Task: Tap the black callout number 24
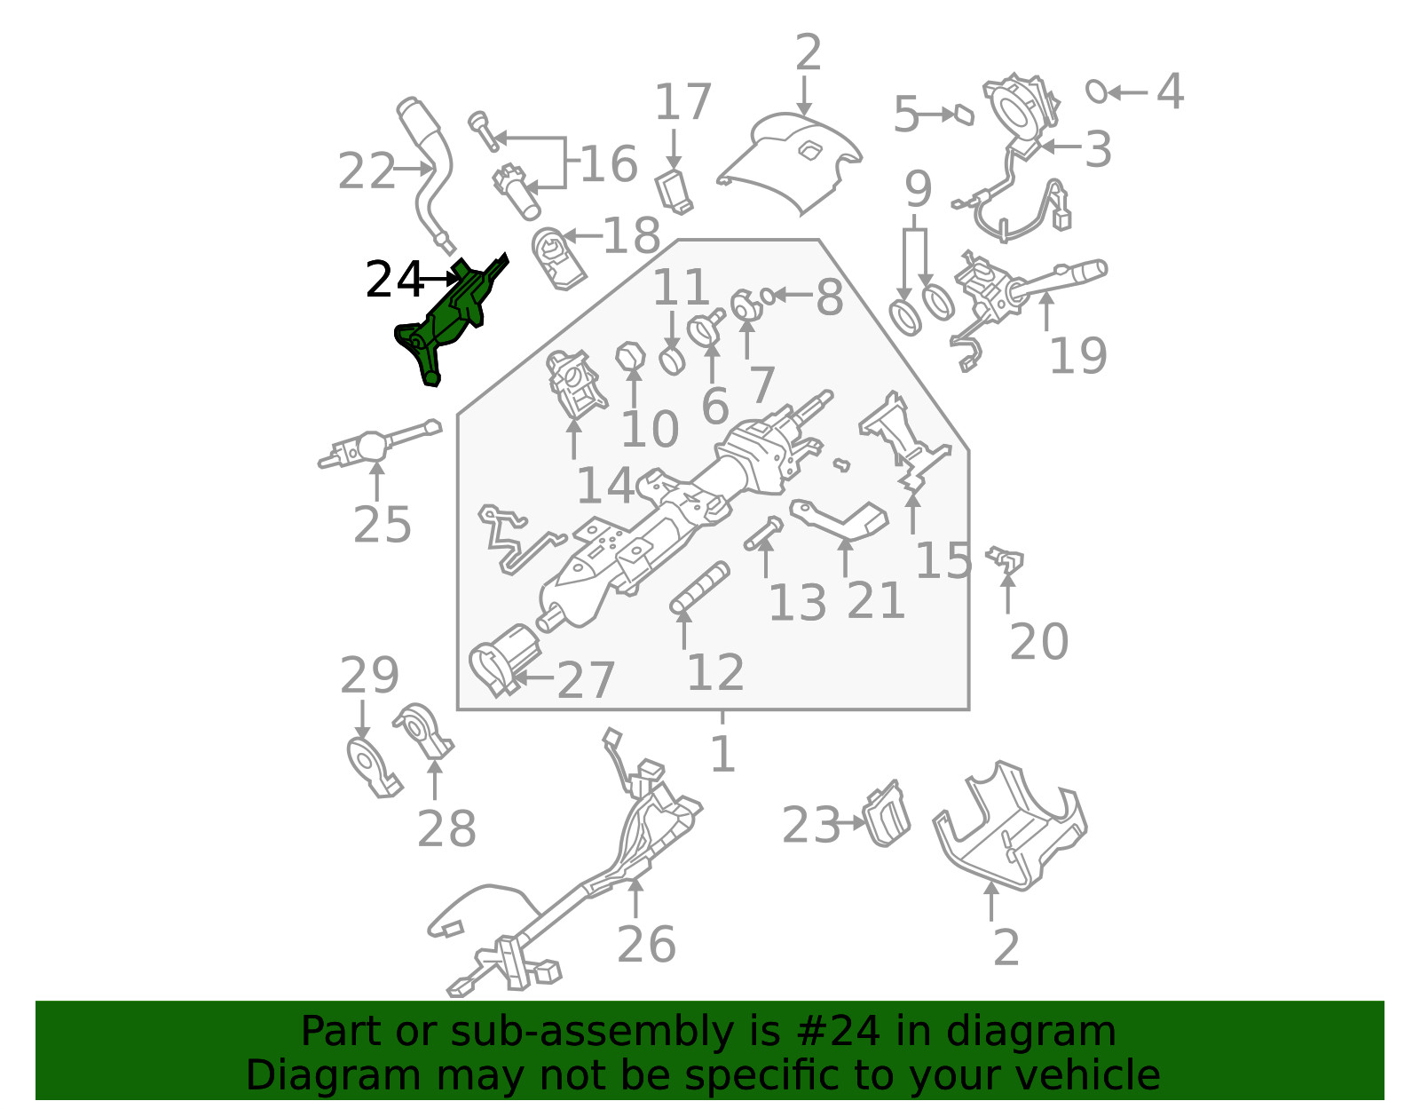[394, 280]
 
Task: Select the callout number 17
[682, 102]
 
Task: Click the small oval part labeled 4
[1097, 91]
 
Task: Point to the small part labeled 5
[965, 115]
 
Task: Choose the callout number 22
[366, 170]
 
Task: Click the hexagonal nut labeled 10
[631, 356]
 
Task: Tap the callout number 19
[1077, 356]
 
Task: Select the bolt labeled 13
[763, 534]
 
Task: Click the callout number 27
[586, 680]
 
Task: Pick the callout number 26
[646, 945]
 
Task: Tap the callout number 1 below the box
[722, 754]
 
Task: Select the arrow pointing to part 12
[683, 629]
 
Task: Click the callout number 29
[369, 675]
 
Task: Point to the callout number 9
[919, 189]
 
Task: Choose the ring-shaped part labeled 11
[672, 360]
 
